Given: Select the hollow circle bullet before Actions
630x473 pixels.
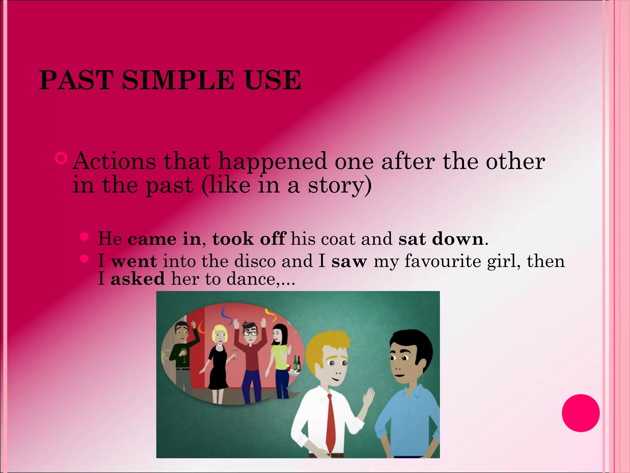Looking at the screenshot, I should [61, 158].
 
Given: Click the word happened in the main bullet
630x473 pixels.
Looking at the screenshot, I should [272, 161].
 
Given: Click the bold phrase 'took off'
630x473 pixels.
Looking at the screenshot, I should [249, 239].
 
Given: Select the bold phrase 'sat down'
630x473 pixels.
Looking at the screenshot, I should [441, 239].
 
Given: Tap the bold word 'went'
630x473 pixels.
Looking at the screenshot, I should [134, 261].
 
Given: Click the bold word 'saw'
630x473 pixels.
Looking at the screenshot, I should [349, 261].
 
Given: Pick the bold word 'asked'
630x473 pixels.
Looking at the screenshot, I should [138, 279].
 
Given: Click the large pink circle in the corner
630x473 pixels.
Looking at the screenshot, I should [580, 413].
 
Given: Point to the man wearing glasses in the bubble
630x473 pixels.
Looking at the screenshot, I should [250, 354].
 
